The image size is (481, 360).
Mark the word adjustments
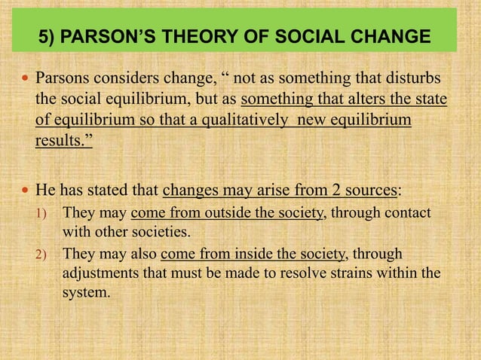99,271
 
